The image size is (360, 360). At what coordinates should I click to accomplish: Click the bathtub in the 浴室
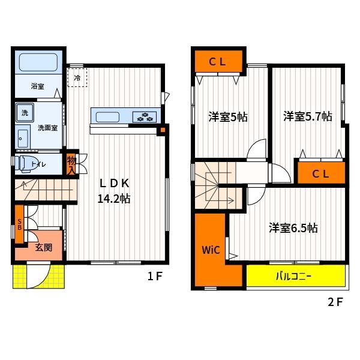click(x=38, y=62)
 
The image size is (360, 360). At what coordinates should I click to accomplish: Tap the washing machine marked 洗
click(x=25, y=113)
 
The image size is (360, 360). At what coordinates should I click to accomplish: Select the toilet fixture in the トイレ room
click(x=26, y=164)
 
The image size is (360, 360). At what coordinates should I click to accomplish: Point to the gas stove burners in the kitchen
click(x=145, y=117)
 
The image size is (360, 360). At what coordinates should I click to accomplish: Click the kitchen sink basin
click(x=107, y=117)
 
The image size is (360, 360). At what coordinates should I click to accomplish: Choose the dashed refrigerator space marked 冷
click(x=77, y=77)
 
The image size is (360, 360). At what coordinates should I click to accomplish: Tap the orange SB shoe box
click(x=20, y=224)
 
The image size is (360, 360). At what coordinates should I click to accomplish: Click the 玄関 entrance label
click(x=44, y=247)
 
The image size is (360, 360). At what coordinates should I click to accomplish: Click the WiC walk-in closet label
click(x=211, y=250)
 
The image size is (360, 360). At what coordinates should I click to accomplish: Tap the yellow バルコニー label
click(x=293, y=276)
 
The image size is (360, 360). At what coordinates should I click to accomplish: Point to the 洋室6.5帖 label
click(x=293, y=228)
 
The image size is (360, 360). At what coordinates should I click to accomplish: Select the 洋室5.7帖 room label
click(x=308, y=116)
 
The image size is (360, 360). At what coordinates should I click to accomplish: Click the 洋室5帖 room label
click(x=228, y=117)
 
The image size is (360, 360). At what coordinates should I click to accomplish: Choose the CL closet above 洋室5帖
click(x=218, y=61)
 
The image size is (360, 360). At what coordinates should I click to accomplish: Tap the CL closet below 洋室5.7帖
click(x=321, y=173)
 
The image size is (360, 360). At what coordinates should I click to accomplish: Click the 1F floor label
click(x=155, y=276)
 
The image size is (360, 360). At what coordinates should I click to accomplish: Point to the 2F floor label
click(x=335, y=302)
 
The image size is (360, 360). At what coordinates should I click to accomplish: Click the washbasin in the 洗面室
click(x=23, y=138)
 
